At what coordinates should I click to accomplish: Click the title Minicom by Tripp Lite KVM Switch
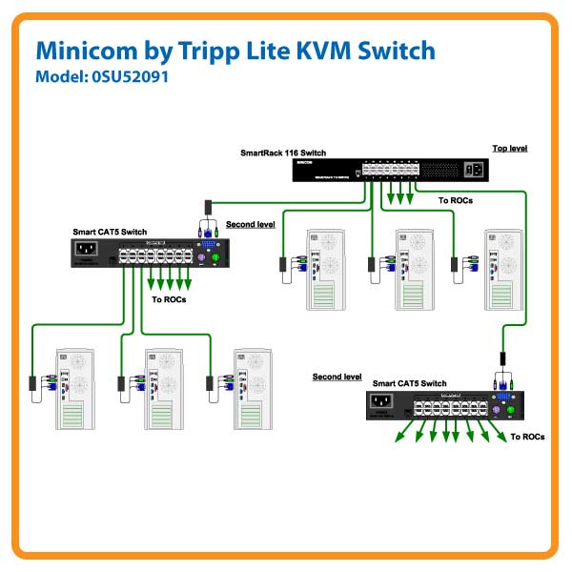pos(235,51)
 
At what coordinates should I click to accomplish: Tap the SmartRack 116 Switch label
pos(283,153)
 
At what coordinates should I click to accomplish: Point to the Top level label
pos(509,149)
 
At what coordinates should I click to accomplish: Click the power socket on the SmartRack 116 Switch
pos(474,170)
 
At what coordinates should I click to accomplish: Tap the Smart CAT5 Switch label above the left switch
pos(110,232)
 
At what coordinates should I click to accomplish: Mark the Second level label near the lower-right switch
pos(337,377)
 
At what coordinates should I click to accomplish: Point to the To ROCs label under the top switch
pos(456,201)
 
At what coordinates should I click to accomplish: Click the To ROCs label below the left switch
pos(169,299)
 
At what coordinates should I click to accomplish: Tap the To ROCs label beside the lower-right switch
pos(527,437)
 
